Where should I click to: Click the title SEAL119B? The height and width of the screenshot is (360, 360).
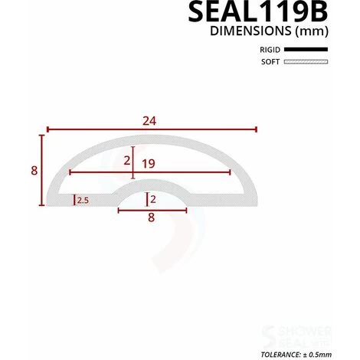point(258,11)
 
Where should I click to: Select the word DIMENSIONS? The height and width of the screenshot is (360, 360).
point(250,31)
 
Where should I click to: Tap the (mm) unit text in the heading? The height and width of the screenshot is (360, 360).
point(312,31)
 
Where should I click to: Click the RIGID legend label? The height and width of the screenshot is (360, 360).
point(270,50)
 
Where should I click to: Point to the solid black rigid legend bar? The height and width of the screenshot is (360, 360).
point(306,49)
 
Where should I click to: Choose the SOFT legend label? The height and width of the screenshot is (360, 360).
point(270,62)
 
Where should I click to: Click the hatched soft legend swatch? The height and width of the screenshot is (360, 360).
point(306,61)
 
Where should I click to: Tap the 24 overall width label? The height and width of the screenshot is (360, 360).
point(149,121)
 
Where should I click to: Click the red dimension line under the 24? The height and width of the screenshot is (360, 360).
point(152,129)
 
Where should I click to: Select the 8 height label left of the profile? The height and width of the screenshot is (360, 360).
point(34,171)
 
